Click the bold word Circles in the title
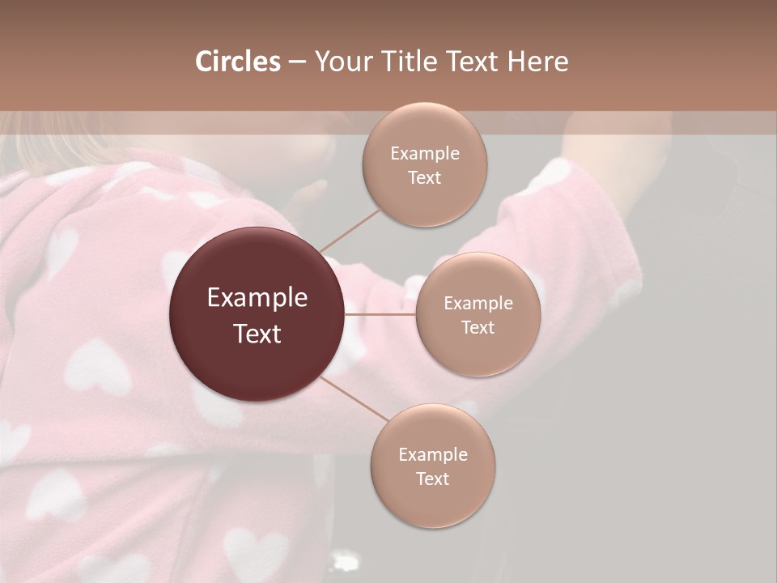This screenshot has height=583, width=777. point(237,62)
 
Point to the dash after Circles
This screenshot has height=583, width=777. point(297,62)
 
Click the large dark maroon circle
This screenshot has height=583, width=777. point(257,314)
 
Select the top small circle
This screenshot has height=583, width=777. point(424,164)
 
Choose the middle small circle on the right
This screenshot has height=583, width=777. point(478,314)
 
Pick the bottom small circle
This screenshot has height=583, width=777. point(432,466)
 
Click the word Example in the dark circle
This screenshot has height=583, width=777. point(257,298)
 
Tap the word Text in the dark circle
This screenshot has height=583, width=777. point(257,334)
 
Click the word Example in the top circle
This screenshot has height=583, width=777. point(424,153)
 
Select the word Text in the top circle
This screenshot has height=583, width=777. point(424,177)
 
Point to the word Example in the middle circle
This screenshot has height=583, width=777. point(478,303)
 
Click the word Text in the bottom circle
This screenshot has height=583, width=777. point(432,479)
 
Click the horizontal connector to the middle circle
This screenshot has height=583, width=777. point(380,314)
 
